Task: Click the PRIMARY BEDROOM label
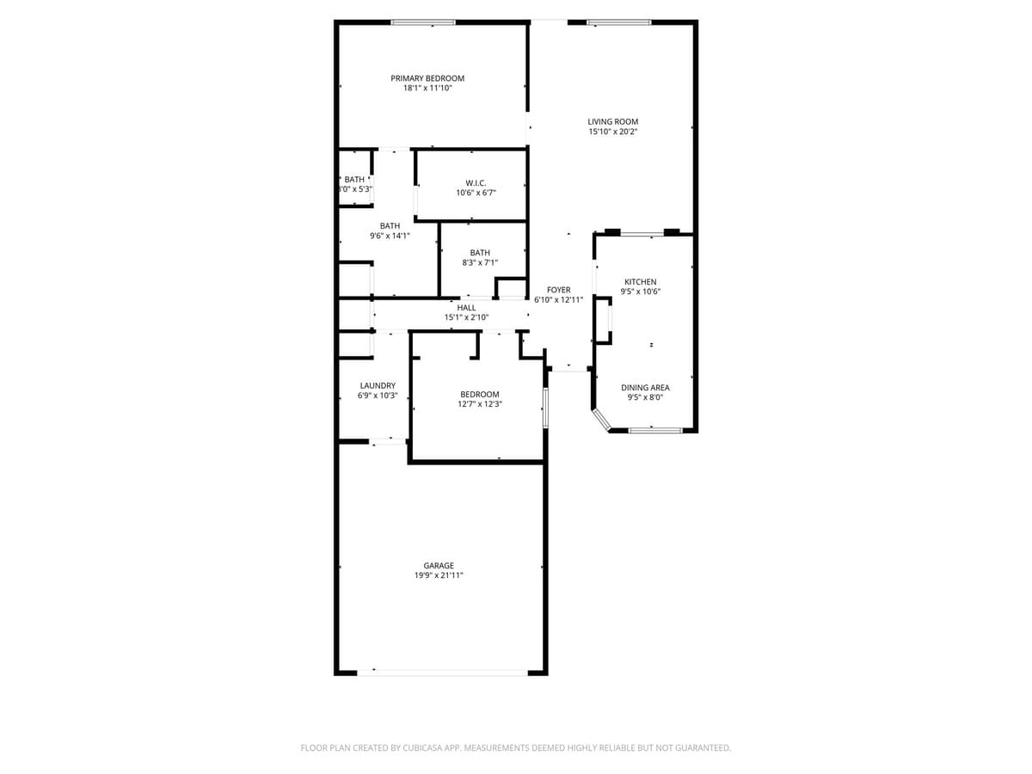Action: coord(427,78)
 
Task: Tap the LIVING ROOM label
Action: coord(612,121)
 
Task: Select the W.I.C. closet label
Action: coord(476,183)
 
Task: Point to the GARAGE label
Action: coord(439,566)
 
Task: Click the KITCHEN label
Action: coord(640,282)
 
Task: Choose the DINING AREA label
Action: coord(645,388)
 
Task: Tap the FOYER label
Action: coord(558,291)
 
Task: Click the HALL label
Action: coord(466,308)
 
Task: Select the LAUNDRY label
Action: coord(378,385)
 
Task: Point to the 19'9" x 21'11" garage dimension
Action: coord(439,575)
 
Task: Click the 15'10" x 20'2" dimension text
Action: coord(612,132)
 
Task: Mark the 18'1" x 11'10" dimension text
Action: coord(427,88)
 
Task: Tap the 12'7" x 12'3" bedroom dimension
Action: coord(479,403)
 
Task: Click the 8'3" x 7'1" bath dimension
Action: coord(480,262)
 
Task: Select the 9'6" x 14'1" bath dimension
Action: coord(390,236)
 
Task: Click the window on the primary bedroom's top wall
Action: coord(423,22)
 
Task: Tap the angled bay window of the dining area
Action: coord(601,420)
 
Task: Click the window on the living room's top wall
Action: coord(619,22)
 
